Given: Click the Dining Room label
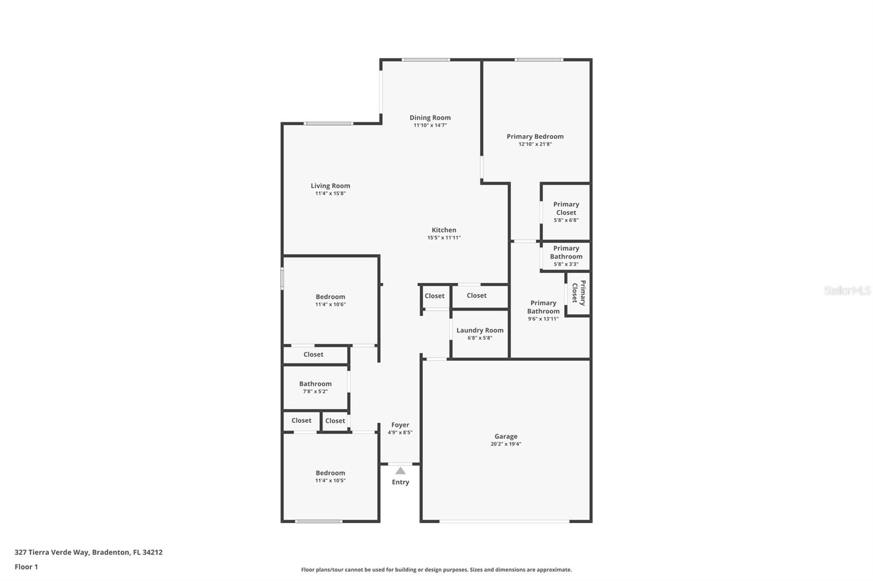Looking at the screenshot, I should pos(430,118).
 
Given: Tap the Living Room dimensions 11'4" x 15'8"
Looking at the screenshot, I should pos(330,193).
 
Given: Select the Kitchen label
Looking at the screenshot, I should pos(444,230).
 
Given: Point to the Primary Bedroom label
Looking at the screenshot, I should pos(535,137).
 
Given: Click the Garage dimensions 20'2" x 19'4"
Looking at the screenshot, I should pos(505,444).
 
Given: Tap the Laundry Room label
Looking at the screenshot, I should pos(480,330).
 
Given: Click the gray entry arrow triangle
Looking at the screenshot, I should pos(400,471).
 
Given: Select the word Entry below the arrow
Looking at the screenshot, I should pos(400,482).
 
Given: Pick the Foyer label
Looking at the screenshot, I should pos(400,425).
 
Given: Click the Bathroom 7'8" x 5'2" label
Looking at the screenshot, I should pos(315,384).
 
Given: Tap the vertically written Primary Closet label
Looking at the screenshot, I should pos(578,293).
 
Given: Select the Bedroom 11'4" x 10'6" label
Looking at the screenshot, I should pos(330,297).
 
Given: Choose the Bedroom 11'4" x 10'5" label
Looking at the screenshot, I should pos(330,473).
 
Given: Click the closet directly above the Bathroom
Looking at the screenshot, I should pos(313,355).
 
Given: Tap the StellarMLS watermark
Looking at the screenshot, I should pos(847,290).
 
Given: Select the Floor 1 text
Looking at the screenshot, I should pos(26,567).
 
